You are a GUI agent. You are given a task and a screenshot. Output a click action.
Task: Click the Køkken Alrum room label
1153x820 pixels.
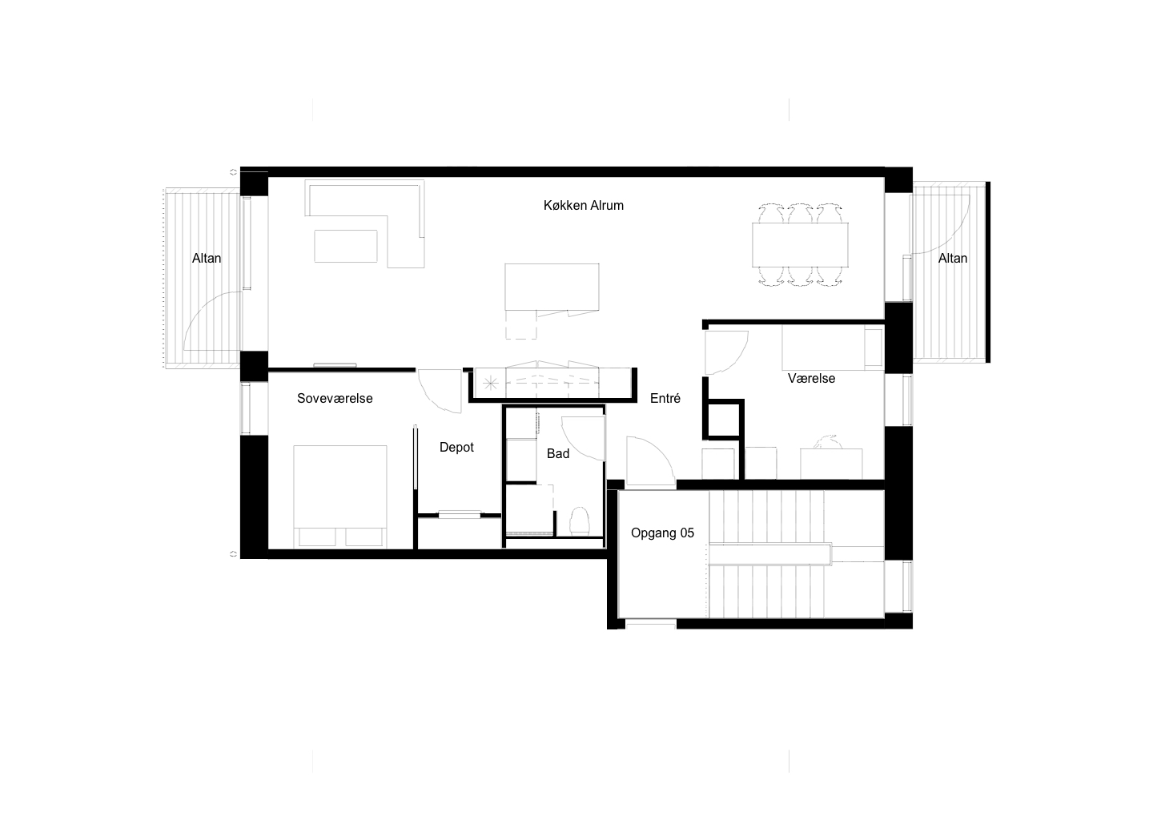(583, 205)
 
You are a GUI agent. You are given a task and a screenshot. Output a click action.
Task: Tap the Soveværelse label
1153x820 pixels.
(335, 399)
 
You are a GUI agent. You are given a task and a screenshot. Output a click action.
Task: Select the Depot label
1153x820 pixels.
(456, 448)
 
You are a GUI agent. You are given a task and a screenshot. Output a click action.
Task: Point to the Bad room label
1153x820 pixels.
(558, 453)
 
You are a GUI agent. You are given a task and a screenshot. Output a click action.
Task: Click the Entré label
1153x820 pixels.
(665, 398)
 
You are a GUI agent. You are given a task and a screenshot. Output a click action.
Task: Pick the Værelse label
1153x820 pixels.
(811, 378)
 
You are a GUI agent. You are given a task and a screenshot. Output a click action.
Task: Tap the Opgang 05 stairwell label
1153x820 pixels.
(662, 533)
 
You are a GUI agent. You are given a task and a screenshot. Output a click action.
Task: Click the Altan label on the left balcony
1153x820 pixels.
(207, 259)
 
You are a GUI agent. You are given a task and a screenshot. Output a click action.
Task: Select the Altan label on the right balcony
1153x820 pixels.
(953, 259)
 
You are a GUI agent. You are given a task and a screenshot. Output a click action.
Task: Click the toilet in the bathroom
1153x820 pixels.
(579, 521)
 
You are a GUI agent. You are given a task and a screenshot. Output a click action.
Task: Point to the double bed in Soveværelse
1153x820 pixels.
(340, 496)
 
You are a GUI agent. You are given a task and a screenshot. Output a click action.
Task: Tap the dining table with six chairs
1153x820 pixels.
(800, 244)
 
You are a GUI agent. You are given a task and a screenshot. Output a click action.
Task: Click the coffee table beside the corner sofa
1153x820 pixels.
(346, 246)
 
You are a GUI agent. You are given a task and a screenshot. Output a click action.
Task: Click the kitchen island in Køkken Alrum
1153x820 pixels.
(552, 287)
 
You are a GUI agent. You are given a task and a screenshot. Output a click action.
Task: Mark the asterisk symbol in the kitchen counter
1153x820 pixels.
(490, 383)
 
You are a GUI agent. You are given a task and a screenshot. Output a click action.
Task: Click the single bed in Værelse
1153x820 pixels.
(833, 348)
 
